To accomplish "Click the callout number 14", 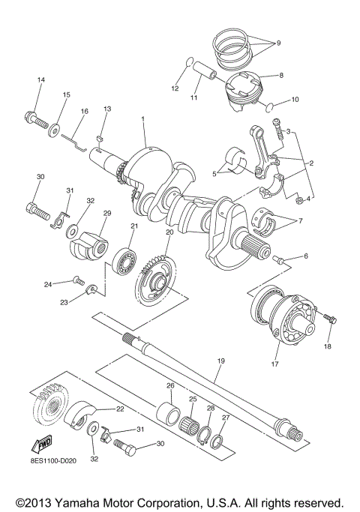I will (x=41, y=79).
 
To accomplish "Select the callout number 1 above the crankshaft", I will (x=142, y=119).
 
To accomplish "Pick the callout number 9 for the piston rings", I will (x=278, y=43).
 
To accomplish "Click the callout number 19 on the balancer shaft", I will (x=220, y=361).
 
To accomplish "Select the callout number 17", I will (x=275, y=365).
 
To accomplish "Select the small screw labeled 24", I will (x=77, y=280).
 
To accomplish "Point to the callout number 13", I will (x=107, y=109).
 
